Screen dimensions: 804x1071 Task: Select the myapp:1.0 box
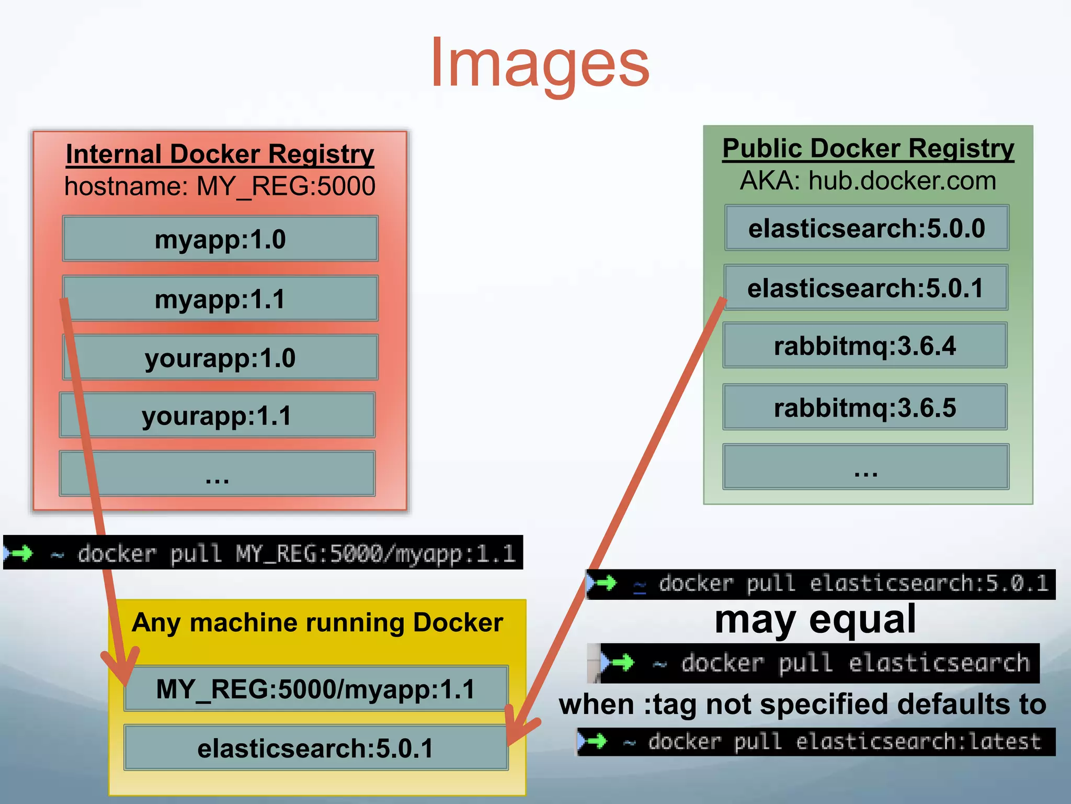tap(220, 239)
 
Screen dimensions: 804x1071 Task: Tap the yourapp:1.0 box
tap(220, 358)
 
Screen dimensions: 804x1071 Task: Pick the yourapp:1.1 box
tap(217, 415)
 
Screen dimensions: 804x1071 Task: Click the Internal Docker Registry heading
tap(220, 154)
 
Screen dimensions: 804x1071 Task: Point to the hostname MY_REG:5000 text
tap(220, 186)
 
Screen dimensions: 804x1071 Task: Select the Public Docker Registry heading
tap(868, 148)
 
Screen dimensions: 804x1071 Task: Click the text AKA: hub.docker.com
tap(868, 181)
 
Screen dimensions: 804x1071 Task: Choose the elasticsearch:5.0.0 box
tap(867, 228)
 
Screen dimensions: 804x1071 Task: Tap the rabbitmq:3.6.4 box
tap(865, 345)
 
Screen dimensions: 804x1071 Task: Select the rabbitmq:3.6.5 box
tap(865, 407)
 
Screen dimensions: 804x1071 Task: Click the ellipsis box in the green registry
tap(865, 467)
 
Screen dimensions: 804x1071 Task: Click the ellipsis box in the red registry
tap(217, 474)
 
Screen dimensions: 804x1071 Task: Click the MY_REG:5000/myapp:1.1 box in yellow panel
tap(315, 689)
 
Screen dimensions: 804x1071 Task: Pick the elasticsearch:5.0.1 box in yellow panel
tap(315, 748)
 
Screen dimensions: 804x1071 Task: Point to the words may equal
tap(815, 620)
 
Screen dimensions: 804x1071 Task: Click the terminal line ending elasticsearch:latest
tap(816, 742)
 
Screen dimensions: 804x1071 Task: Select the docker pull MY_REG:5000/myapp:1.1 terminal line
tap(263, 553)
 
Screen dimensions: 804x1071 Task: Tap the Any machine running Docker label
tap(317, 623)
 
